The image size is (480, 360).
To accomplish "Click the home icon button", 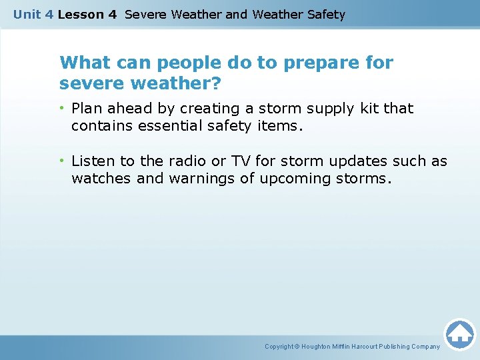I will click(459, 333).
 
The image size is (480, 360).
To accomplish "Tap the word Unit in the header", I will click(27, 14).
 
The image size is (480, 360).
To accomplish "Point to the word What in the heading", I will click(83, 63).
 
